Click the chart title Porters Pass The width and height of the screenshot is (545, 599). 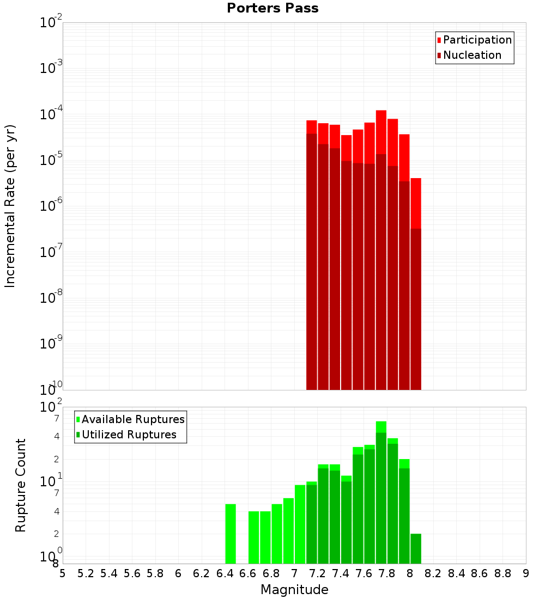(272, 8)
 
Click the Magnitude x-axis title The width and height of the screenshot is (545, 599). (294, 590)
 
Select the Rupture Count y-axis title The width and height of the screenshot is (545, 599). (21, 485)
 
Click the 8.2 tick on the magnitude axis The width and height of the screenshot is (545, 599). (433, 573)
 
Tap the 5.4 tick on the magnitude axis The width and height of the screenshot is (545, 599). (109, 573)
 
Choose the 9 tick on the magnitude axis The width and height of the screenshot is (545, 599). (525, 573)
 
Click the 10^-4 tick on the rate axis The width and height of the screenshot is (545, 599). (51, 114)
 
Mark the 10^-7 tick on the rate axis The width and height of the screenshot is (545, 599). (51, 252)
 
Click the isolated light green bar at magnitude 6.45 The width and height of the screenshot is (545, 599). (231, 534)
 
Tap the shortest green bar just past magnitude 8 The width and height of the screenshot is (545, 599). (416, 548)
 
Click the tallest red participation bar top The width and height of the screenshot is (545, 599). (381, 112)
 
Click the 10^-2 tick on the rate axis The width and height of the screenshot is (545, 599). (51, 22)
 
